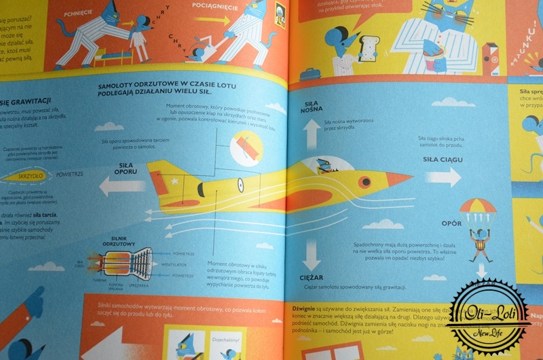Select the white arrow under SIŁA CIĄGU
click(442, 178)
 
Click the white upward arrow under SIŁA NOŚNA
click(312, 134)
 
